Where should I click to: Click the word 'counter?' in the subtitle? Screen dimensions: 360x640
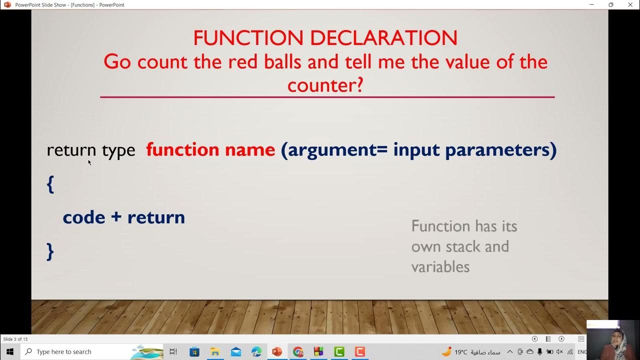click(x=325, y=85)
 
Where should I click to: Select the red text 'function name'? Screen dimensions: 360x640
click(x=210, y=149)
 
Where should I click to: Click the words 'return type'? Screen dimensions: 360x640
click(x=91, y=150)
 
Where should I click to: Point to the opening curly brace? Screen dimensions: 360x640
click(x=50, y=184)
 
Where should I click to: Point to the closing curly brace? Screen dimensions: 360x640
click(x=50, y=251)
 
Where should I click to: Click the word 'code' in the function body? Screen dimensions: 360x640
click(x=84, y=217)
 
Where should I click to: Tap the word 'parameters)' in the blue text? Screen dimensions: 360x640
click(x=500, y=149)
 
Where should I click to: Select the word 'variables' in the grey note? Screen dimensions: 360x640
click(x=440, y=266)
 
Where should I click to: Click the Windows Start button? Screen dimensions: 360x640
click(x=9, y=351)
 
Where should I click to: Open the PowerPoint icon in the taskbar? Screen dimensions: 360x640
click(x=276, y=351)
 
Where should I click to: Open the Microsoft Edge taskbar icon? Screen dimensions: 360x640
click(x=256, y=351)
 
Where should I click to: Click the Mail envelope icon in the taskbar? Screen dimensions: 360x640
click(x=235, y=351)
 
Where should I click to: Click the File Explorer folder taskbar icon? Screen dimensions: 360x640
click(x=215, y=351)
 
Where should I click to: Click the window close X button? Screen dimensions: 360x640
click(x=630, y=4)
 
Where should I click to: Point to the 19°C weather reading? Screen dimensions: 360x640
click(x=460, y=352)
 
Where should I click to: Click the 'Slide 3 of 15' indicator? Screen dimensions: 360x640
click(x=15, y=339)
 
